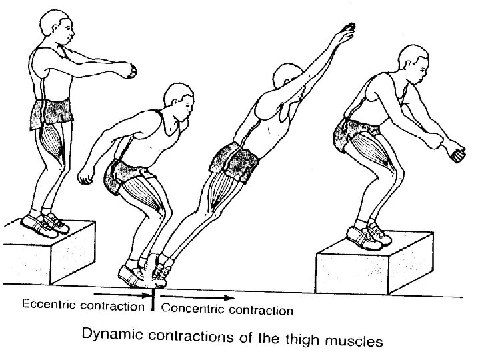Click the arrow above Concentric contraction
coord(197,296)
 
